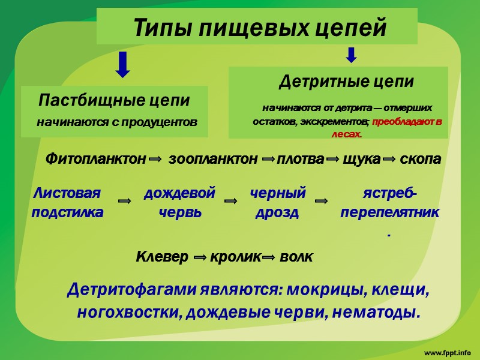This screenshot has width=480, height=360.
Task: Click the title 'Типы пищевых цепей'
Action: [259, 28]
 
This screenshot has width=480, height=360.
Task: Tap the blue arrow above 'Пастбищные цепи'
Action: [123, 64]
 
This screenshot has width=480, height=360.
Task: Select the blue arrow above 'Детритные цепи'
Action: [352, 56]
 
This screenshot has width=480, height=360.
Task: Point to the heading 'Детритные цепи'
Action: [346, 80]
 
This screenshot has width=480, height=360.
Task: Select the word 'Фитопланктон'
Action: [95, 160]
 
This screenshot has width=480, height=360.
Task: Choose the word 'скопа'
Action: [419, 160]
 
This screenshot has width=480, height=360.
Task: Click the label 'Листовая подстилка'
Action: [67, 203]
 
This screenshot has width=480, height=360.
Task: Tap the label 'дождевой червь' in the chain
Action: [179, 203]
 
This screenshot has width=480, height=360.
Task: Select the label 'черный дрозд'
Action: [277, 203]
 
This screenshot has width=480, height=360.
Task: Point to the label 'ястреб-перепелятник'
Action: [390, 203]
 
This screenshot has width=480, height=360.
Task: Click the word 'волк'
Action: [296, 257]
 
